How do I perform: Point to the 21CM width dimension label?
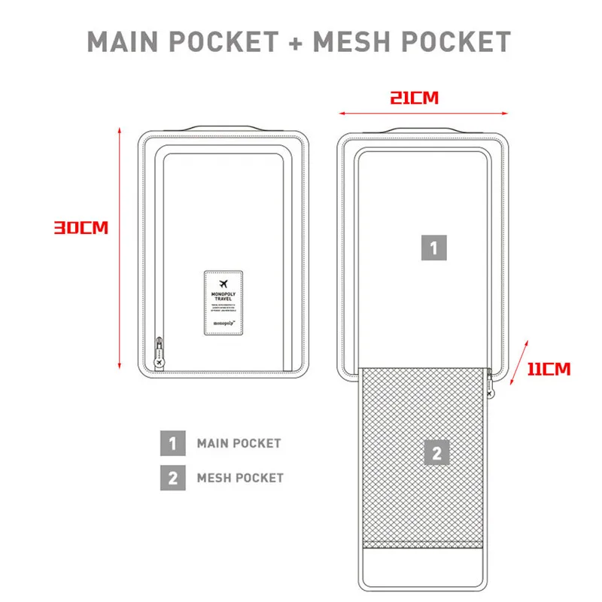pos(414,98)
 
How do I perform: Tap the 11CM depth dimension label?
pos(548,369)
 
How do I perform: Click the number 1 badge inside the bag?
pos(433,248)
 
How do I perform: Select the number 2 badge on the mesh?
pos(437,453)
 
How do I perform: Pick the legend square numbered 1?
pos(172,443)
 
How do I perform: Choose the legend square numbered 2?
pos(172,477)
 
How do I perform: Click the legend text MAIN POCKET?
pos(239,443)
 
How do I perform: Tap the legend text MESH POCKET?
pos(240,477)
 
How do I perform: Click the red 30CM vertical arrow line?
pos(120,248)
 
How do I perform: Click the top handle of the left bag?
pos(223,129)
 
